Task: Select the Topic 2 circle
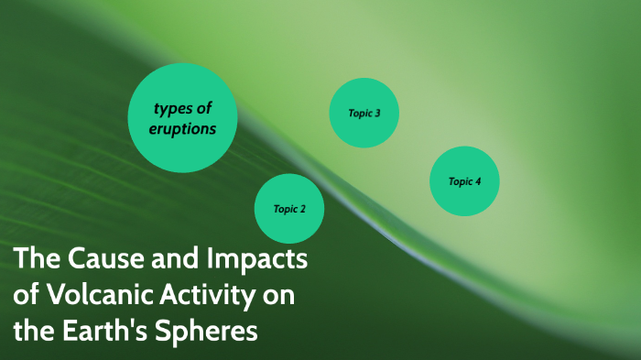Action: (288, 209)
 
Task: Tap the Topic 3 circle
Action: (364, 114)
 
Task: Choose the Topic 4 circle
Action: (464, 181)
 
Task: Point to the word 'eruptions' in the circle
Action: (183, 129)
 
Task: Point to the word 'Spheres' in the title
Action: (210, 331)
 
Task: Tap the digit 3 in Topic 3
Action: (376, 114)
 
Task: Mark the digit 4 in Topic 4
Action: (477, 181)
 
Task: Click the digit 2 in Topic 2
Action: (301, 209)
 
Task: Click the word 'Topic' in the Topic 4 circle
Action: (459, 181)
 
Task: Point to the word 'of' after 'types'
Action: (203, 110)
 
